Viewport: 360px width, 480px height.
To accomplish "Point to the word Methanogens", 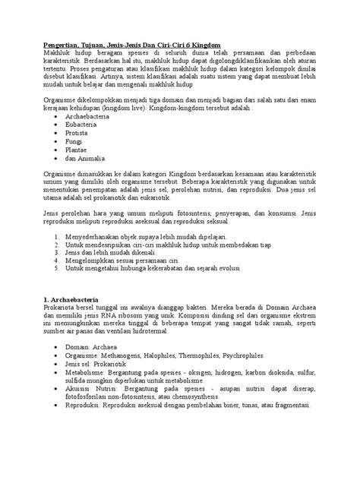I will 131,355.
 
